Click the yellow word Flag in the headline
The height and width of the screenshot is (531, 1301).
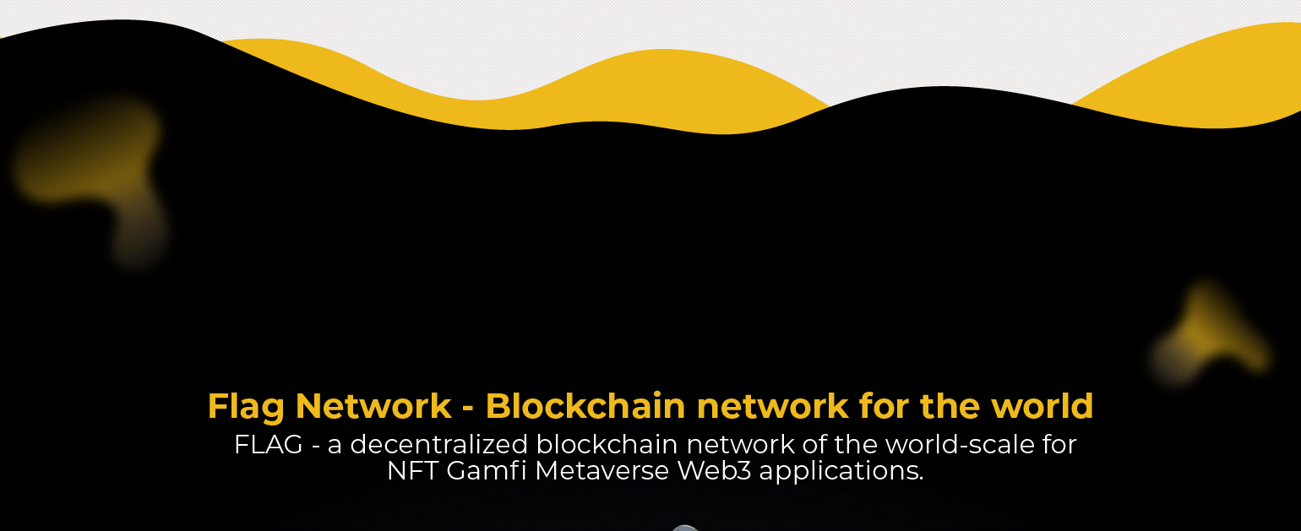tap(246, 407)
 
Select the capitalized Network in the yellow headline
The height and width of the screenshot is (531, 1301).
tap(373, 406)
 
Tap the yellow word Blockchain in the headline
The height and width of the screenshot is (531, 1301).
tap(585, 406)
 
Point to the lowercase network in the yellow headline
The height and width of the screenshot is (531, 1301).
tap(772, 407)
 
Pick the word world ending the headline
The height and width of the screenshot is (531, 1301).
tap(1042, 406)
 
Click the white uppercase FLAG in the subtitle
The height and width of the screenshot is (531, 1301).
tap(269, 445)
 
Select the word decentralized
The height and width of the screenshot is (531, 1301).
tap(438, 445)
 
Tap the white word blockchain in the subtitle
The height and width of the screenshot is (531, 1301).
tap(607, 445)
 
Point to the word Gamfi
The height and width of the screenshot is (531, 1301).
tap(486, 471)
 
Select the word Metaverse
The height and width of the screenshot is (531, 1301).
tap(602, 471)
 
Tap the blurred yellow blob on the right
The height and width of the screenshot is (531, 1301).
tap(1211, 337)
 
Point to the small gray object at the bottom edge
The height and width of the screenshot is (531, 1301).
tap(685, 528)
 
